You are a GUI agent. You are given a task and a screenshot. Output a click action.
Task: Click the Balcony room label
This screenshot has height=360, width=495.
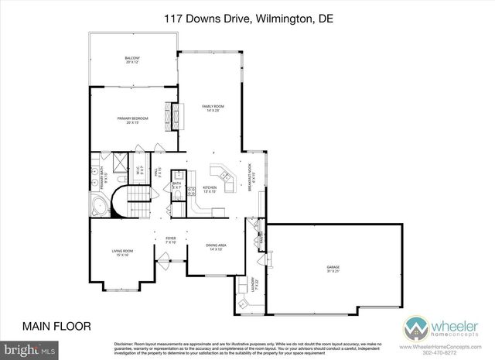tap(132, 59)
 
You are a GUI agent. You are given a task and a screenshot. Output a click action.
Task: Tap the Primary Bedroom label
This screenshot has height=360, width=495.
tap(132, 119)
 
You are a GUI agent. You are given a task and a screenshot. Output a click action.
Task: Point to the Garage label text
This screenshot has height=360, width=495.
tap(333, 268)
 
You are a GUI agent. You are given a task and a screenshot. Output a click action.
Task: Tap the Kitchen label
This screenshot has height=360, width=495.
tap(210, 188)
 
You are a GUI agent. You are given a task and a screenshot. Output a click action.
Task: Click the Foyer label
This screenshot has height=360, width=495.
tap(170, 241)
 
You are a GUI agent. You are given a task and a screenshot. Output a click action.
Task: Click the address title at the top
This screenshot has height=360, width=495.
tap(247, 19)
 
